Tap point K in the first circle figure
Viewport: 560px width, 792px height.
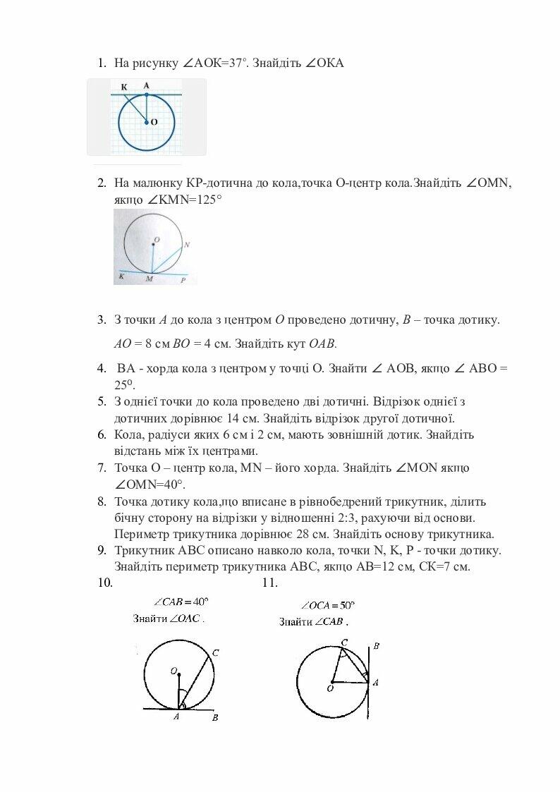tap(123, 87)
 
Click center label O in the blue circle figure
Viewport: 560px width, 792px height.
tap(153, 122)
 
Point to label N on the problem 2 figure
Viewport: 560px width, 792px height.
tap(185, 245)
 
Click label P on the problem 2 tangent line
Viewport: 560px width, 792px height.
tap(182, 280)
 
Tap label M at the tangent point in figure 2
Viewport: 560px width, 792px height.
tap(149, 280)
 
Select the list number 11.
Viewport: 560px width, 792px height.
tap(269, 583)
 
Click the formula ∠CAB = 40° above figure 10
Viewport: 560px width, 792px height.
tap(181, 602)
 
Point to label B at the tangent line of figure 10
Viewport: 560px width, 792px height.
tap(215, 719)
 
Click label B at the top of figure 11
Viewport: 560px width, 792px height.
tap(377, 645)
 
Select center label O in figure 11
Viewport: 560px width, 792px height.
tap(329, 688)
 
